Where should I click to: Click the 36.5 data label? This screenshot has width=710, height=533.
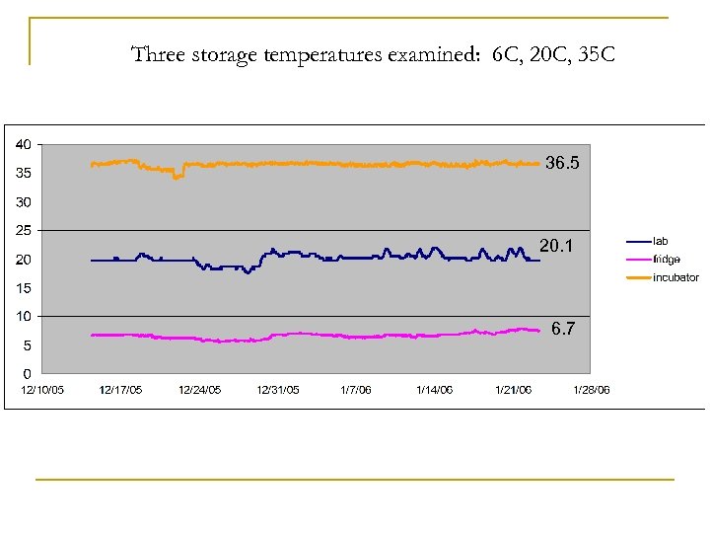tap(563, 164)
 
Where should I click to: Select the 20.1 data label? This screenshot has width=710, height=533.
tap(556, 245)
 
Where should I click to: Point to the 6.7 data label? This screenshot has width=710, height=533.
tap(564, 329)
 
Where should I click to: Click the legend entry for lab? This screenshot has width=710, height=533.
tap(661, 241)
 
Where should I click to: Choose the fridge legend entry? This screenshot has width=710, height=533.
tap(666, 259)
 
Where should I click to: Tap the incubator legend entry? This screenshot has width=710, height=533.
tap(675, 277)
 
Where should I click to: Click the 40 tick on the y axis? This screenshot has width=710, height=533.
tap(21, 144)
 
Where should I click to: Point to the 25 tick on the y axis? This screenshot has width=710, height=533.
tap(21, 231)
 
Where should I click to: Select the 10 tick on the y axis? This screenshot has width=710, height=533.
tap(21, 317)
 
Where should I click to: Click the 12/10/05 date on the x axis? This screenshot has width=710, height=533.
tap(42, 390)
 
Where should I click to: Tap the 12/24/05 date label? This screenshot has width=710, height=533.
tap(199, 390)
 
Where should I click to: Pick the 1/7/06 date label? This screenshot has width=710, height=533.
tap(355, 390)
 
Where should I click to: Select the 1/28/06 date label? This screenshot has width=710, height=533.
tap(592, 390)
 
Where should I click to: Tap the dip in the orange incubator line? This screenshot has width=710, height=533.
tap(177, 177)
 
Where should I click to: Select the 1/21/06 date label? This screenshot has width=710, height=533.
tap(513, 390)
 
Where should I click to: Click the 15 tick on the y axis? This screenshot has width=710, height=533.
tap(21, 288)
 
